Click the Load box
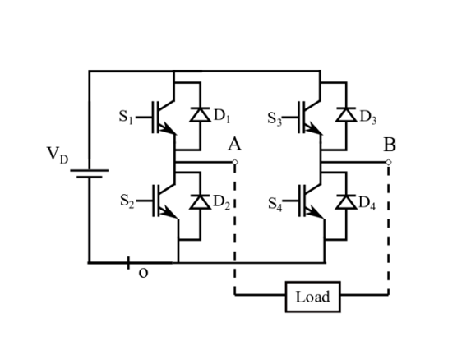(312, 296)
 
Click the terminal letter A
(234, 145)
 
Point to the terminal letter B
(390, 145)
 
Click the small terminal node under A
(234, 162)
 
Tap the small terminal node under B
(389, 162)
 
